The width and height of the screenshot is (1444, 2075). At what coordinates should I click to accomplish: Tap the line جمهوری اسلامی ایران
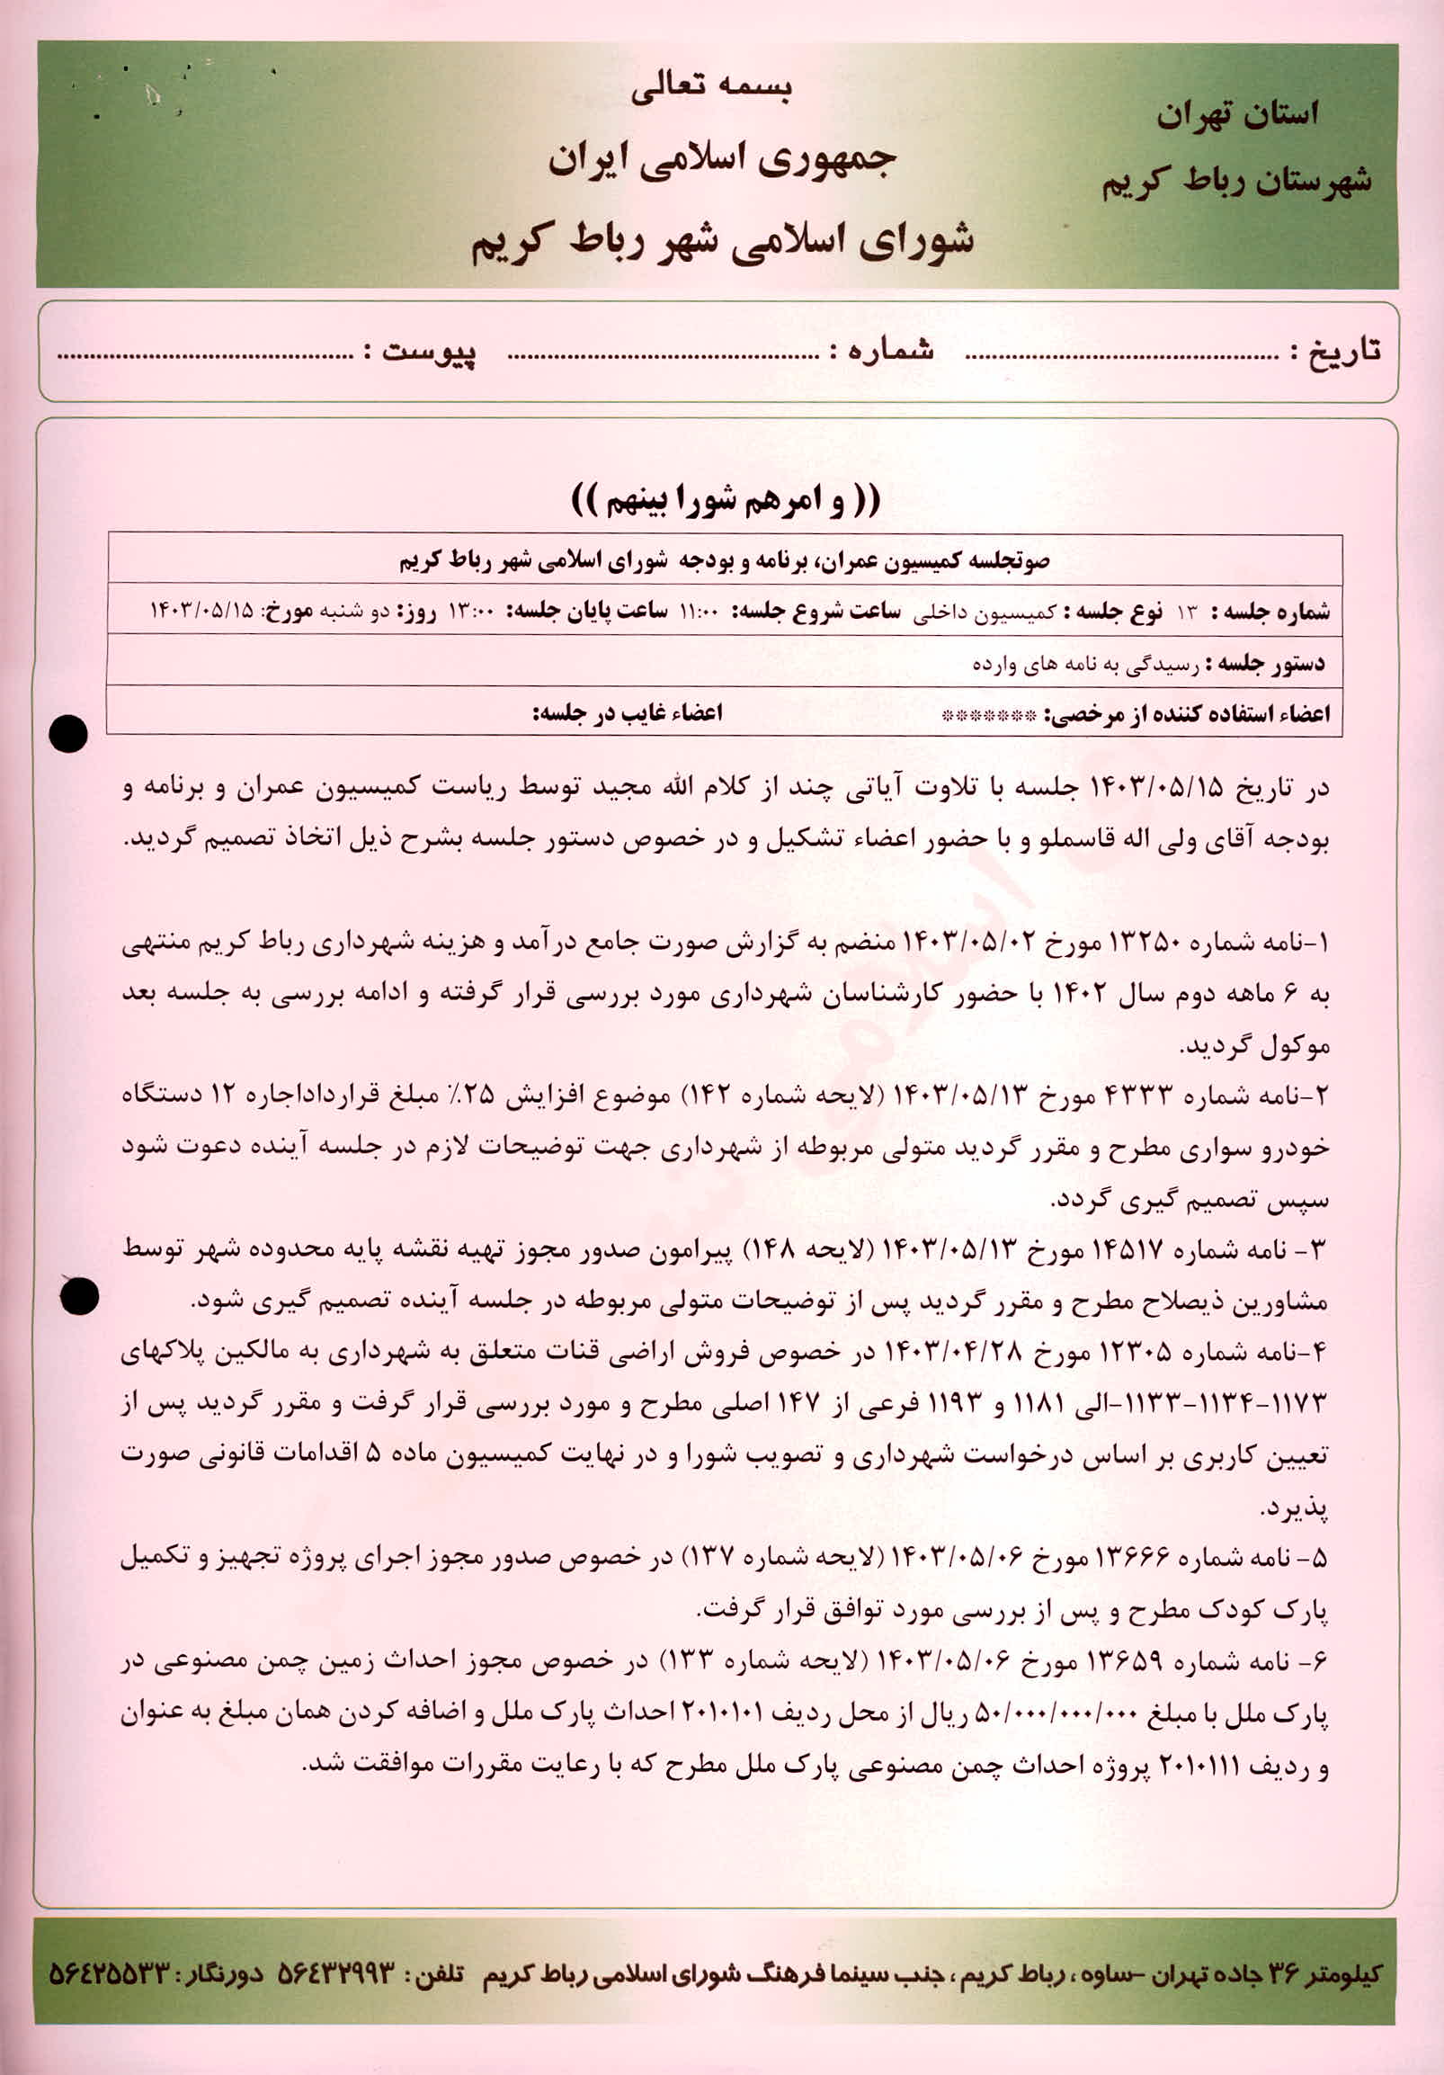click(x=721, y=160)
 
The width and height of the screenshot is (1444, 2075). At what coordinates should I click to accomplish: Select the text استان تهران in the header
click(x=1237, y=115)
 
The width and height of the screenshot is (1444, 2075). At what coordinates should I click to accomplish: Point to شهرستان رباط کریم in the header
click(x=1235, y=181)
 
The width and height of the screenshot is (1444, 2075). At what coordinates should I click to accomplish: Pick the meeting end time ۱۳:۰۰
click(x=471, y=613)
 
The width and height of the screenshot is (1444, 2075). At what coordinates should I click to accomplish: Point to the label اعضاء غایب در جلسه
click(x=627, y=713)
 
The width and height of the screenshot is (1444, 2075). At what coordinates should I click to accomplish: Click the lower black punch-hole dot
click(x=78, y=1297)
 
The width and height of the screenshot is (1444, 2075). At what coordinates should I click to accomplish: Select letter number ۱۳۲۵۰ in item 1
click(x=1143, y=944)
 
